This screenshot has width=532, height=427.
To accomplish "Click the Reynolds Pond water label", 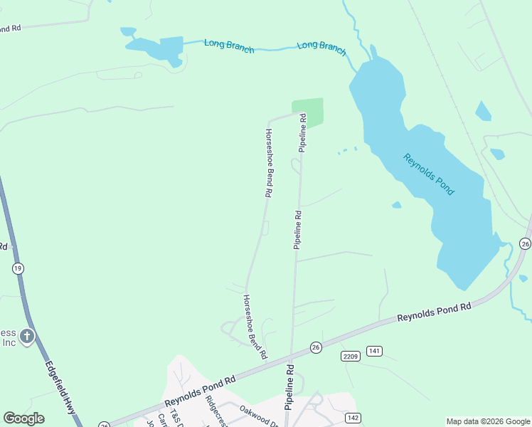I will pos(429,174).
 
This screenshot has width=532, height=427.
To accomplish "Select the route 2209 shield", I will pos(350,356).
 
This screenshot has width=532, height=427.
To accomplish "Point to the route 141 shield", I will pos(375,351).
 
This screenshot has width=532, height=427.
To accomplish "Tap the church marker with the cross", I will pos(27,336).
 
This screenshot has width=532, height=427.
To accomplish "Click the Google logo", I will pos(23,418).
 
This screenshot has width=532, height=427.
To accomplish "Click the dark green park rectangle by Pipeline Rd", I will pos(309,112).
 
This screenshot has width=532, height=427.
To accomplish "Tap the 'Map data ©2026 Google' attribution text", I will pos(489,421).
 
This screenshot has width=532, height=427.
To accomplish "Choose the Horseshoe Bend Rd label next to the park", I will pos(269,162).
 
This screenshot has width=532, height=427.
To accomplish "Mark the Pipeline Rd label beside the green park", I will pos(303,133).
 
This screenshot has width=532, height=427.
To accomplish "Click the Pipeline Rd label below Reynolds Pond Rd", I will pos(290,388).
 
